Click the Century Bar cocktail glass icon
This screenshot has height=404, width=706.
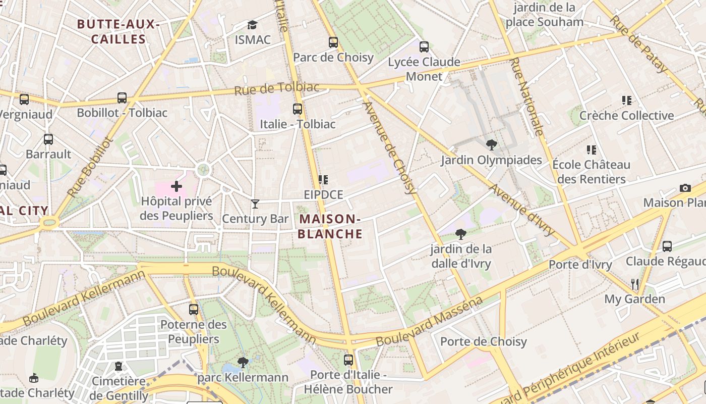(x=255, y=204)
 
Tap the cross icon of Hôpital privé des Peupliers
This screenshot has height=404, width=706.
(x=177, y=187)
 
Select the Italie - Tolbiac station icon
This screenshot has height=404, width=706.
(x=298, y=109)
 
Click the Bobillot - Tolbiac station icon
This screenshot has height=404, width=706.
(x=122, y=98)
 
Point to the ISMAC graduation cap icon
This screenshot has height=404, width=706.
(x=252, y=25)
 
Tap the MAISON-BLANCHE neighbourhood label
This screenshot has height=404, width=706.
(x=330, y=226)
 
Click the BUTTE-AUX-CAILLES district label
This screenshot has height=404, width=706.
(x=119, y=31)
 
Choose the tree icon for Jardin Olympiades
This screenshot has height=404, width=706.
(x=491, y=145)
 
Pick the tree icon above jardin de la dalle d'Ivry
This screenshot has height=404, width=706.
(x=460, y=234)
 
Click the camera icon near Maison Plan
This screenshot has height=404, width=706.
(x=685, y=188)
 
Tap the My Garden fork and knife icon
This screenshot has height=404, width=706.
(x=635, y=284)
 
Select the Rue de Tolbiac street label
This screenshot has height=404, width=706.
(x=277, y=89)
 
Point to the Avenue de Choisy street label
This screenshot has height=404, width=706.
(x=390, y=147)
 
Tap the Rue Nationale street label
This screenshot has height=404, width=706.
(x=527, y=96)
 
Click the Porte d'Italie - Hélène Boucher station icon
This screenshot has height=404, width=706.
(x=348, y=360)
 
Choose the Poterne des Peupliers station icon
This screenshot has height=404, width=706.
(x=194, y=310)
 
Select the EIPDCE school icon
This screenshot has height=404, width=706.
(x=323, y=180)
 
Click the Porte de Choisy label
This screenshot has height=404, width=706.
(x=483, y=342)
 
